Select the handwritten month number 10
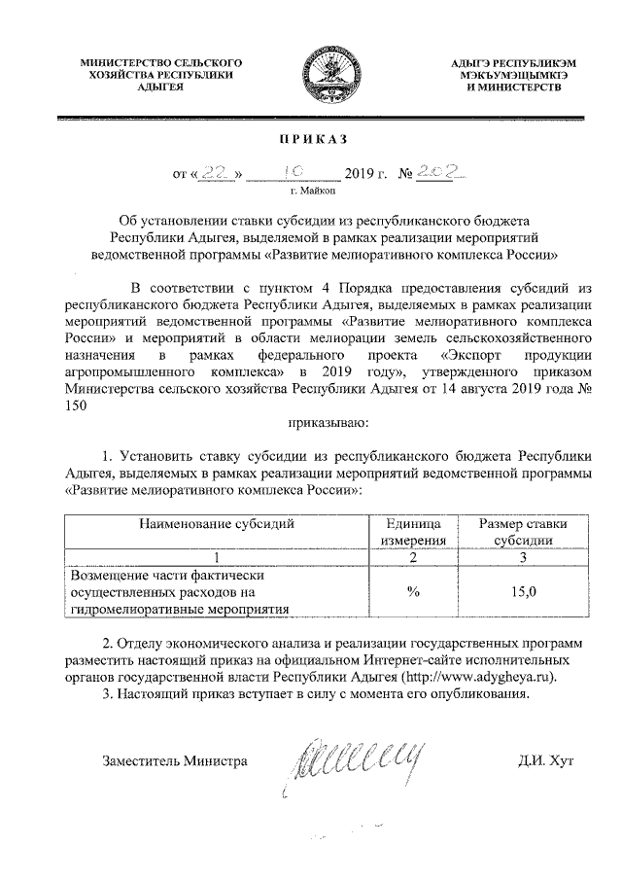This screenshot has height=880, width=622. (x=294, y=171)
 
